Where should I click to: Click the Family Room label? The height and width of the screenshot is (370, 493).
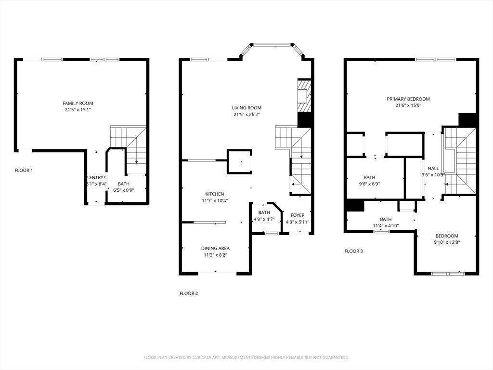[x=78, y=103]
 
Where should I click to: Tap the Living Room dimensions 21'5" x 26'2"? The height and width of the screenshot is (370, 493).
[x=246, y=115]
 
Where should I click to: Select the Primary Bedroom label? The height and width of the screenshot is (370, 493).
[x=408, y=99]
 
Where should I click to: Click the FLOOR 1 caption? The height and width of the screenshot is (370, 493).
[x=24, y=170]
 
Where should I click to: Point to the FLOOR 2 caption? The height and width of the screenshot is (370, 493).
[x=189, y=293]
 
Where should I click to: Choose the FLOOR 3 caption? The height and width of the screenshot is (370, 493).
[x=353, y=251]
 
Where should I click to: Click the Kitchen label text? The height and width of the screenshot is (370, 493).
[x=215, y=194]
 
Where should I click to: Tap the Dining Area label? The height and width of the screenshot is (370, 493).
[x=215, y=249]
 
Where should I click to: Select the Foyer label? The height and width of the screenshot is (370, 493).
[x=297, y=215]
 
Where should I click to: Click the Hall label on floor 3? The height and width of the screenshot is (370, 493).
[x=433, y=168]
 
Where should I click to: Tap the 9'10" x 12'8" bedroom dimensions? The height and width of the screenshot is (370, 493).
[x=446, y=242]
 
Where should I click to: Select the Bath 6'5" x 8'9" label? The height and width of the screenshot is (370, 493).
[x=124, y=184]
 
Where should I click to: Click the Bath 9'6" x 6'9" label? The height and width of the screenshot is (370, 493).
[x=369, y=177]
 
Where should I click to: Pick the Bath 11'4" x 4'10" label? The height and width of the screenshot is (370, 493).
[x=386, y=219]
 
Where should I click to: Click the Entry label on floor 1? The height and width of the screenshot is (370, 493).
[x=96, y=178]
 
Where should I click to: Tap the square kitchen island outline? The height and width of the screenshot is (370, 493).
[x=239, y=161]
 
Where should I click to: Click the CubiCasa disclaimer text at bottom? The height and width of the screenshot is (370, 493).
[x=246, y=357]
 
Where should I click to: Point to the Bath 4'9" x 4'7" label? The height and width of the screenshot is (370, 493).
[x=264, y=212]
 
